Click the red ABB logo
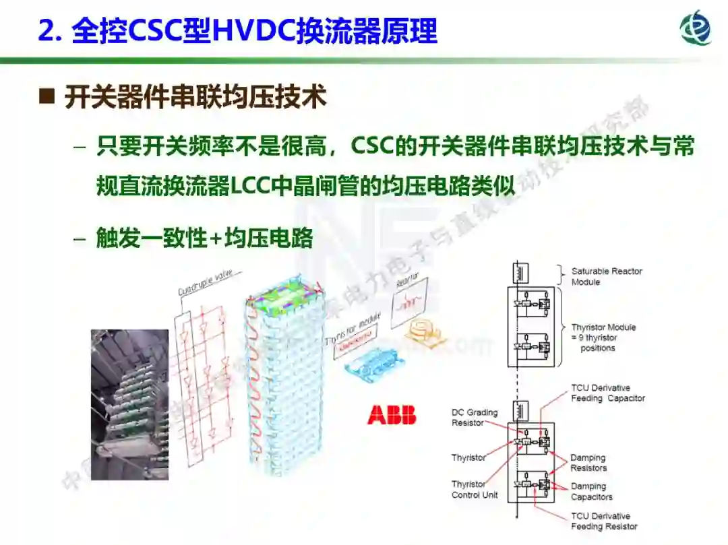(392, 415)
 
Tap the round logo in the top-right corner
(696, 28)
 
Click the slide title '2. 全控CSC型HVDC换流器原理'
(237, 31)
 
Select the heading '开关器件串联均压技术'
(195, 98)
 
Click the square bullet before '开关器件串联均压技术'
(47, 97)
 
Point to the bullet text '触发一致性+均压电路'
(204, 238)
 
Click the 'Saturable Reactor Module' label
(607, 276)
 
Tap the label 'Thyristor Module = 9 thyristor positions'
(603, 338)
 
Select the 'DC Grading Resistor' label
(475, 417)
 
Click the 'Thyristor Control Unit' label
(475, 489)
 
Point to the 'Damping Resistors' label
(588, 463)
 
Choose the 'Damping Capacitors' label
(591, 491)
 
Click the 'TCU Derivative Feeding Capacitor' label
(607, 393)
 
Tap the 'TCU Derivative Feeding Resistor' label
(604, 521)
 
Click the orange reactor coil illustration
(422, 329)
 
